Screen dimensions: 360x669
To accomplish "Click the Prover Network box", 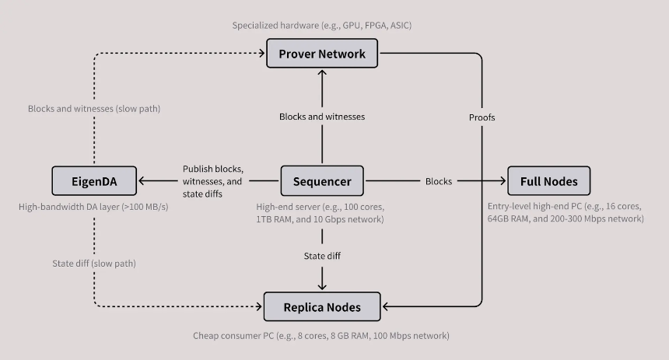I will pos(322,54).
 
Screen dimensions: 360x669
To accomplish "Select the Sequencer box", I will pos(322,182).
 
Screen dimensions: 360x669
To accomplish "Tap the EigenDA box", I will pos(94,182).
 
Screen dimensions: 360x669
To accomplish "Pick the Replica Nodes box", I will pos(322,307).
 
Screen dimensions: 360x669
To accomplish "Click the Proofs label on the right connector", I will pos(482,117).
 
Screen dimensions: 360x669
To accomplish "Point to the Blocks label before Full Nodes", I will pos(439,182).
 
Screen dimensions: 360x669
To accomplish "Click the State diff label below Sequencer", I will pos(322,255).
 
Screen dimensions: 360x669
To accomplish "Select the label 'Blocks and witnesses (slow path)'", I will pos(93,109).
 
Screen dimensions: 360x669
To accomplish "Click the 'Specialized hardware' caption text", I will pos(321,26).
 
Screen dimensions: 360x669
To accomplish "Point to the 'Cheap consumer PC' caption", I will pos(321,336).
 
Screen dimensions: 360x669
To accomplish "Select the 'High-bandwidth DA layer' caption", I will pos(93,208).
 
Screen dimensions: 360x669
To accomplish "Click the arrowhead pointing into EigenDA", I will pos(142,182).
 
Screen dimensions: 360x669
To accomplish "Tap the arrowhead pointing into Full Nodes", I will pos(503,182).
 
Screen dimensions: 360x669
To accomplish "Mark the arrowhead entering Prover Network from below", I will pos(322,72).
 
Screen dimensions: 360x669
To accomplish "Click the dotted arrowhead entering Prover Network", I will pos(261,54).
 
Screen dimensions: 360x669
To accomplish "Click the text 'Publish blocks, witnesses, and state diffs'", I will pos(212,181).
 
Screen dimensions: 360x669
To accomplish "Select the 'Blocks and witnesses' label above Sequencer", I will pos(322,117).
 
